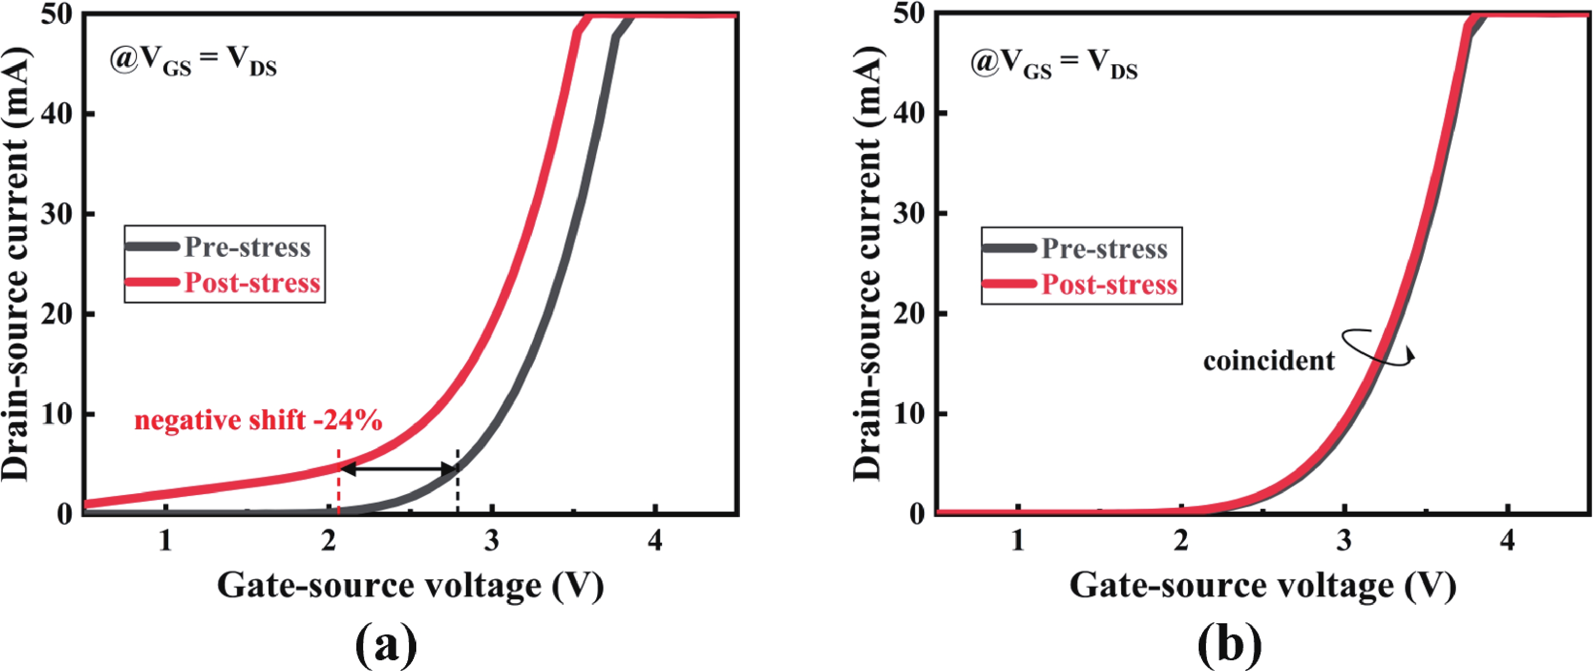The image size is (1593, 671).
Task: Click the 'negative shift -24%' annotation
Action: pyautogui.click(x=258, y=421)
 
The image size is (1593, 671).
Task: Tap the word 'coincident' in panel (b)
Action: pyautogui.click(x=1269, y=361)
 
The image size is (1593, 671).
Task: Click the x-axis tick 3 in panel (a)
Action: pyautogui.click(x=492, y=541)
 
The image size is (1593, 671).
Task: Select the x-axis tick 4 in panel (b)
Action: pyautogui.click(x=1508, y=541)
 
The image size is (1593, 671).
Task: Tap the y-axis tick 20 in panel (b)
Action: pyautogui.click(x=912, y=313)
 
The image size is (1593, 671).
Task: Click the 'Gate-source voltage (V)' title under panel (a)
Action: pyautogui.click(x=410, y=584)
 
